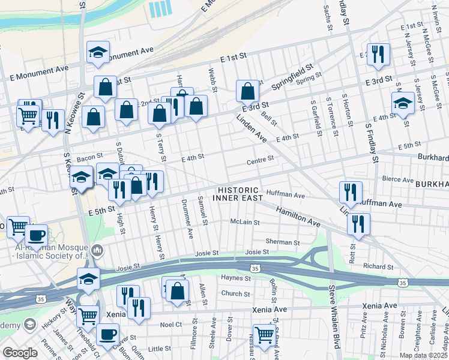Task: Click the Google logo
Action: click(x=20, y=353)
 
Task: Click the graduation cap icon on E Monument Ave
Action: click(x=98, y=53)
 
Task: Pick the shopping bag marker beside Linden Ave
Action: click(x=247, y=92)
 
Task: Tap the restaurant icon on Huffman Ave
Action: click(x=351, y=193)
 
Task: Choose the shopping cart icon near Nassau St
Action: click(x=264, y=335)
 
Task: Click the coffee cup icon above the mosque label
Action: click(x=36, y=235)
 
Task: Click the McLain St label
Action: click(x=245, y=222)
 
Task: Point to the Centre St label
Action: click(x=260, y=160)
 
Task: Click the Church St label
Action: click(x=235, y=294)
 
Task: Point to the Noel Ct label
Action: click(x=171, y=325)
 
